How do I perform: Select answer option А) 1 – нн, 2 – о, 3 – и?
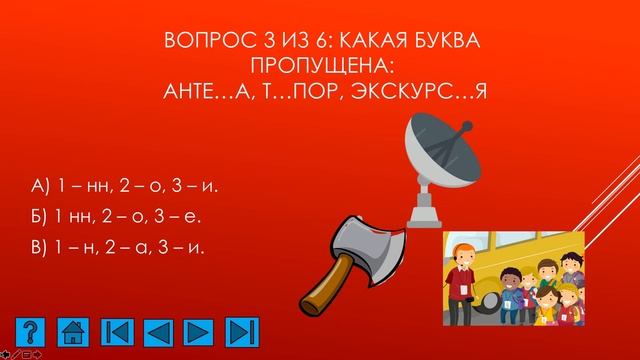(125, 186)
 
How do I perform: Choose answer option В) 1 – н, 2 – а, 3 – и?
(119, 246)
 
